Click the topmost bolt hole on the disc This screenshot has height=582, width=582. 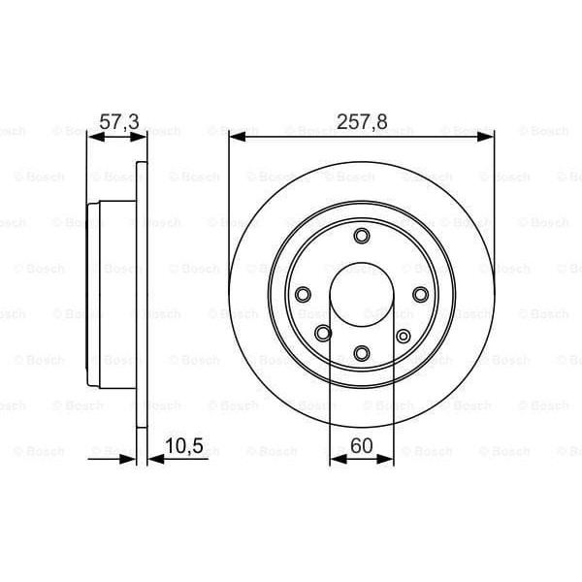pos(362,236)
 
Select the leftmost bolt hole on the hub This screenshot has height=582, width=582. pos(303,294)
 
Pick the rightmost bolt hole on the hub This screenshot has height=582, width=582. pos(420,294)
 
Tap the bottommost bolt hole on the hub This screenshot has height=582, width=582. pos(362,352)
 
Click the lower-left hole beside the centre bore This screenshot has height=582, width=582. pos(323,334)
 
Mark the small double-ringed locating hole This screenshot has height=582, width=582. pos(404,336)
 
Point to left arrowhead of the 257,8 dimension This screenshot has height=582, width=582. pos(236,139)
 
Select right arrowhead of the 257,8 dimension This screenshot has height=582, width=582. pos(488,139)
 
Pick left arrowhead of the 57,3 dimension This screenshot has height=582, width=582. pos(93,139)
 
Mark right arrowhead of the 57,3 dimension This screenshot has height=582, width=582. pos(142,139)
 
